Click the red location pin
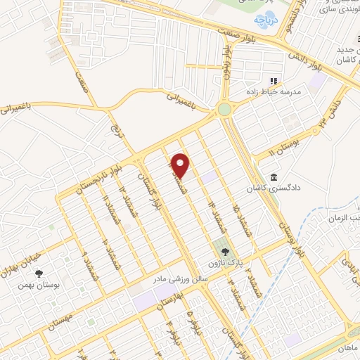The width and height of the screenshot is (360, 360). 181,165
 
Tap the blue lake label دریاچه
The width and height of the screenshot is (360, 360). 266,21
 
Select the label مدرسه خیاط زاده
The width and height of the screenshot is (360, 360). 291,93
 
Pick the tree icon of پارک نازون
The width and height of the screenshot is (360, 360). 224,251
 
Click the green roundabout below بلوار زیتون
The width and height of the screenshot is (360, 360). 226,110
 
